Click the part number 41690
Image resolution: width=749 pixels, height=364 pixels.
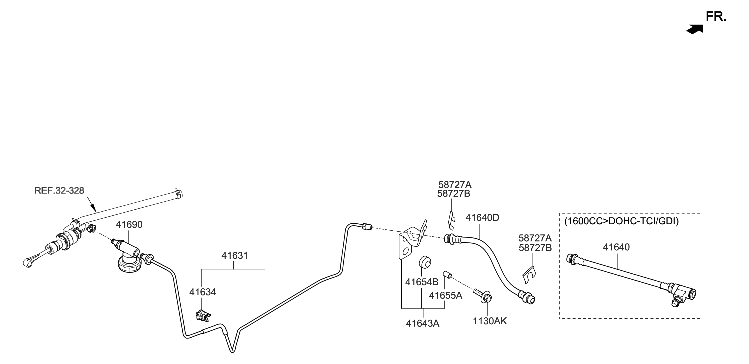click(129, 225)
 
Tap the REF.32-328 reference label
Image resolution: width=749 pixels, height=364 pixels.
click(59, 191)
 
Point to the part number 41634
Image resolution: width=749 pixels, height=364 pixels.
click(202, 292)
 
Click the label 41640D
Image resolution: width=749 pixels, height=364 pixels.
click(482, 218)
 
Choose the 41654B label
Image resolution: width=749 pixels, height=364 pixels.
click(422, 282)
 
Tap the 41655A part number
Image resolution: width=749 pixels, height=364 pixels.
click(445, 296)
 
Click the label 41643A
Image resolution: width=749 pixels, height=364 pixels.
click(422, 323)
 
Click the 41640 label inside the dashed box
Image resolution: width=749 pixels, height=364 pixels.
click(616, 247)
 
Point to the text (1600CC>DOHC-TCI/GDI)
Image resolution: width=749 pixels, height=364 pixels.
click(621, 221)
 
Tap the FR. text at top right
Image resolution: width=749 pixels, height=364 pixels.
click(716, 17)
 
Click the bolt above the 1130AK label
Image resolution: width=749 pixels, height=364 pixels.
click(484, 295)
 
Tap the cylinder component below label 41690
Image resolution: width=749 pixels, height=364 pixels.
click(129, 255)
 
